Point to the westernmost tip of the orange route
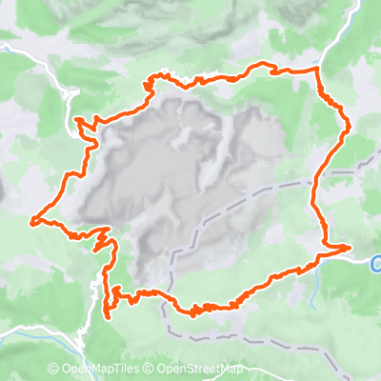[31, 221]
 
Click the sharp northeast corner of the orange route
[318, 69]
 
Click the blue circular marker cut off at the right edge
[376, 262]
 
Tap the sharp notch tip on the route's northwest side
[75, 119]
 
